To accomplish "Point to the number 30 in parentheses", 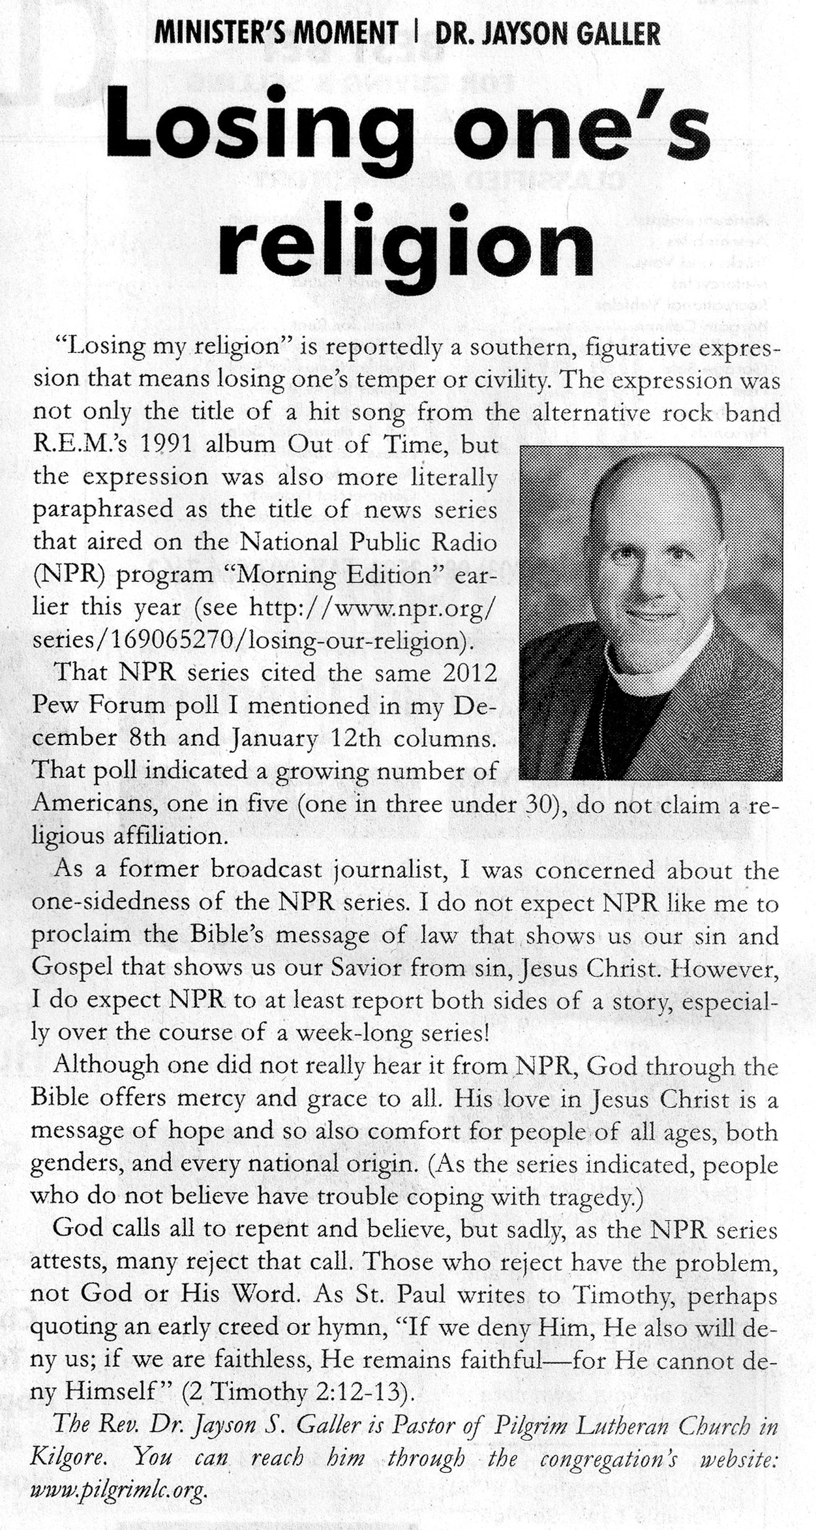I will click(x=539, y=803).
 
